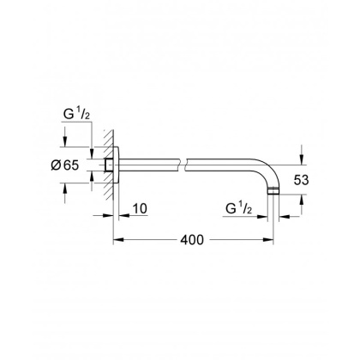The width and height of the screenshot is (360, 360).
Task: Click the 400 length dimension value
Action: (193, 241)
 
